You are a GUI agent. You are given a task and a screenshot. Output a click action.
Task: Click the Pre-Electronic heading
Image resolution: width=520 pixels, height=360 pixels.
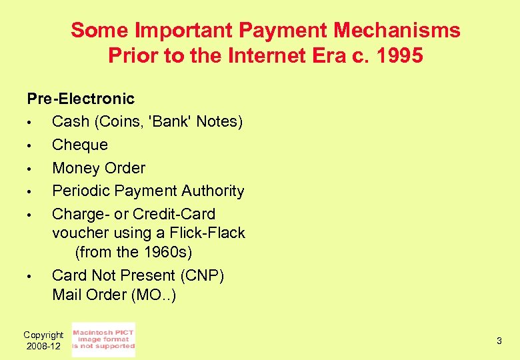pos(81,99)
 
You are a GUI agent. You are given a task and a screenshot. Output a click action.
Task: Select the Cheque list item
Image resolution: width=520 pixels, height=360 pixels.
pos(80,145)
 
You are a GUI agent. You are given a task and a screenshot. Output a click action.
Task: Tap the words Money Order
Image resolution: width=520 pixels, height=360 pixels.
pos(99,168)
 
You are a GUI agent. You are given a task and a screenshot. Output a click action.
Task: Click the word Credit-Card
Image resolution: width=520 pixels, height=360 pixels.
pos(174,214)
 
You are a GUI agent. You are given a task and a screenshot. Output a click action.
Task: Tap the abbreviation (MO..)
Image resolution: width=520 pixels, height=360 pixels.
pos(152,294)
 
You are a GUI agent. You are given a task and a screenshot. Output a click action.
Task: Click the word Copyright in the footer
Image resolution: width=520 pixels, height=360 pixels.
pos(43,335)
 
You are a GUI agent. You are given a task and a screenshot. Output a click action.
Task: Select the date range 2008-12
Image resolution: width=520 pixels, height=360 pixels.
pos(43,346)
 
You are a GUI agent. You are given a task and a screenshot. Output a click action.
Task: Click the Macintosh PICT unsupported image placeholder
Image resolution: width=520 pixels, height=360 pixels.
pos(103,339)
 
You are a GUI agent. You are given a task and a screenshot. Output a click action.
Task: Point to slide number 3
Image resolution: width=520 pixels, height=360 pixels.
pos(499,341)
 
